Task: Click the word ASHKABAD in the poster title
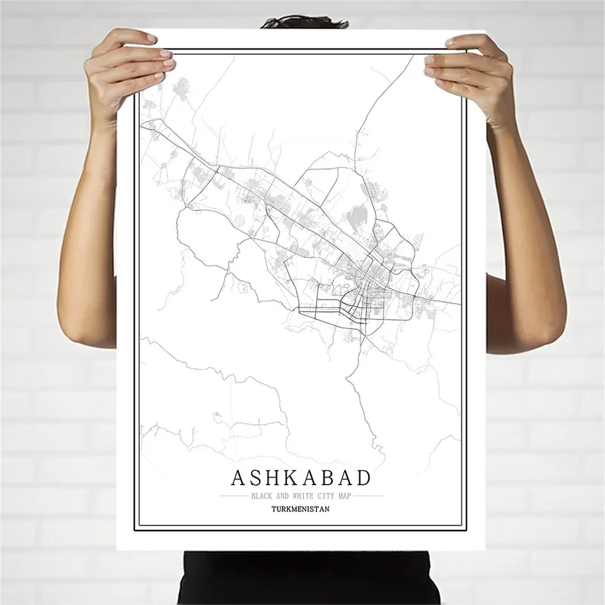point(301,478)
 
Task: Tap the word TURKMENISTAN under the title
point(301,509)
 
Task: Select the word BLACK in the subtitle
point(261,496)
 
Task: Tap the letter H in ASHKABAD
point(262,478)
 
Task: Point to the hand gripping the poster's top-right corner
point(470,72)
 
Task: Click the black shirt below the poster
point(302,577)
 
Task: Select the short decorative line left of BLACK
point(233,496)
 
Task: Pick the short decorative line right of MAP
point(369,496)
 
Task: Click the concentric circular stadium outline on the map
point(240,221)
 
